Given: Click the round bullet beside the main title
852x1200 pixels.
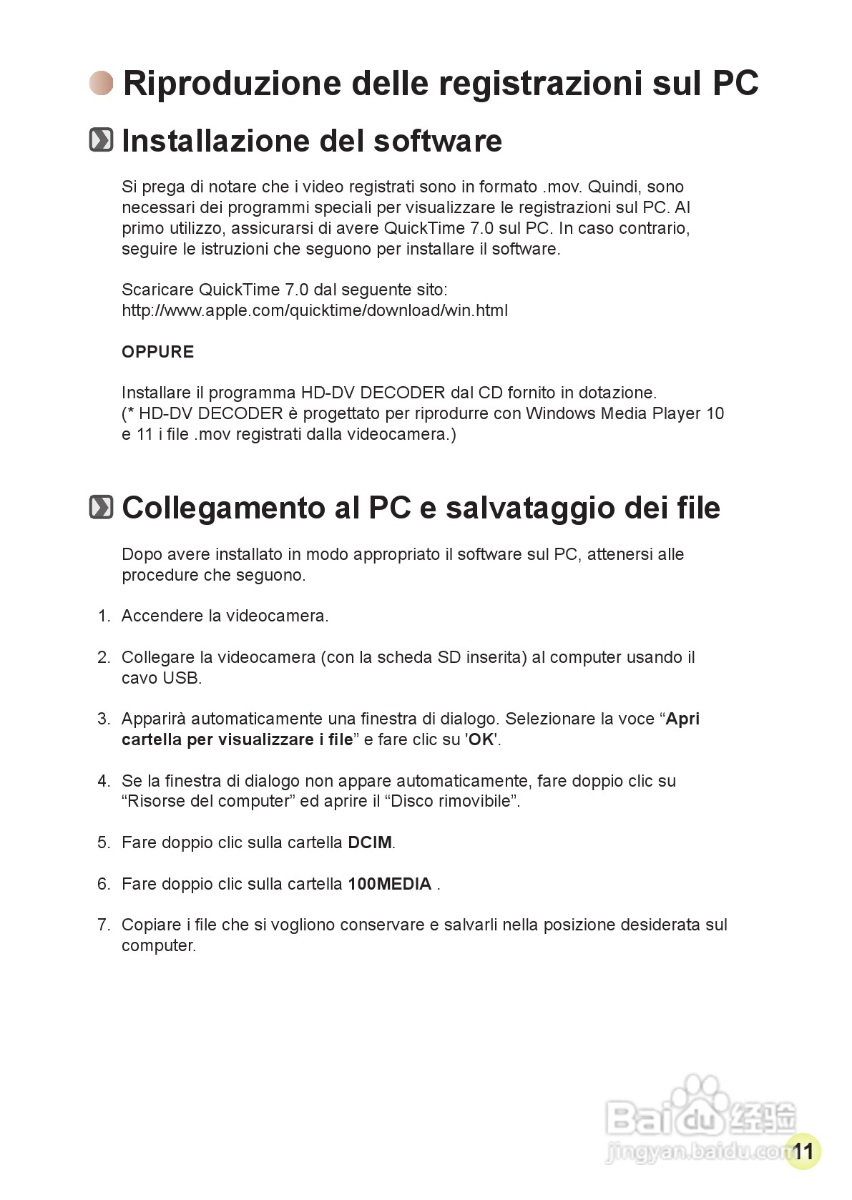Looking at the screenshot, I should pos(102,83).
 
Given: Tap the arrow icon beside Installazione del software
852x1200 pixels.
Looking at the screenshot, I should pos(101,140).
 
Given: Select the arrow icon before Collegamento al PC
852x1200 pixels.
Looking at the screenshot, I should pos(101,508).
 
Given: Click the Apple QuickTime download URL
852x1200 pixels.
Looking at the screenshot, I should pos(315,311).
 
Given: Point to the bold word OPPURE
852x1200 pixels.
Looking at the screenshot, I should pos(157,352).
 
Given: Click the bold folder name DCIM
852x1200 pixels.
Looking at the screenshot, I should pos(370,843).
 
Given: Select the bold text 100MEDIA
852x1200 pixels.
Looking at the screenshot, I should pos(390,885).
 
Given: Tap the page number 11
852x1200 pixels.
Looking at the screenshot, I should pos(803,1151).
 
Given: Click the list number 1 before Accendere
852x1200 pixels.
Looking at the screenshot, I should pos(104,616).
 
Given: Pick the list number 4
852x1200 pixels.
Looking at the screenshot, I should pos(104,781).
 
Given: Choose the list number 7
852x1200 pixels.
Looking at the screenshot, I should pos(104,925).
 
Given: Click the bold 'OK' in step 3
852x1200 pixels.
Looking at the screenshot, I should pos(481,740).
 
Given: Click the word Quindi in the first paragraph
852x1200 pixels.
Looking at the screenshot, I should pos(614,187).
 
